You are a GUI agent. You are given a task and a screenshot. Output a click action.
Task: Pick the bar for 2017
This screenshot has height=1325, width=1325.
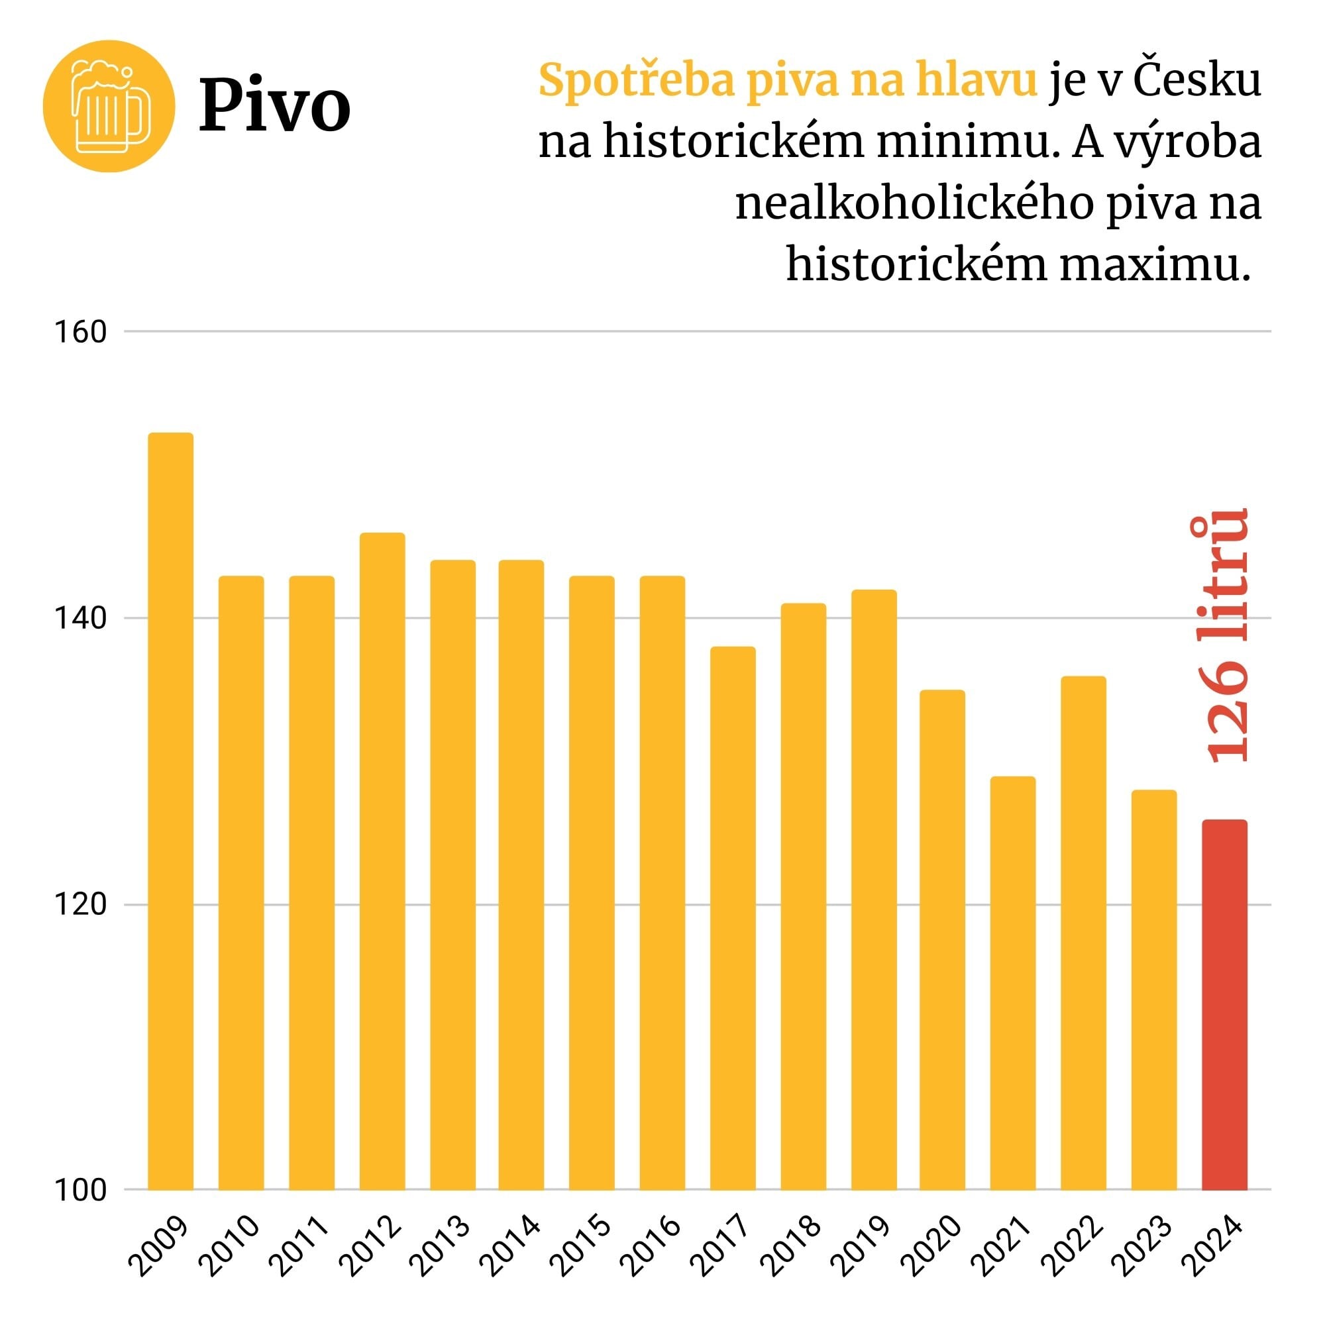click(733, 918)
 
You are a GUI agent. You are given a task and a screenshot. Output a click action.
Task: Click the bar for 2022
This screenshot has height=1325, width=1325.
click(1083, 933)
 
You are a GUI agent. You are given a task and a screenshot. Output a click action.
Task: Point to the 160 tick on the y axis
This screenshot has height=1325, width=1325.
click(81, 333)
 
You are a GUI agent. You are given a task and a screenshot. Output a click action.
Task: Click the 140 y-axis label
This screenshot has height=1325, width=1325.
click(81, 619)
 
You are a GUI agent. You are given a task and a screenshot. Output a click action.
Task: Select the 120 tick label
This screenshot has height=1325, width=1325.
click(81, 905)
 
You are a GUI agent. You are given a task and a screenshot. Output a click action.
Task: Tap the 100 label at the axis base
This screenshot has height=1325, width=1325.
click(81, 1191)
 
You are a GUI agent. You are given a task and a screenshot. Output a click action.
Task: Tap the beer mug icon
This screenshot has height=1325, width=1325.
click(110, 106)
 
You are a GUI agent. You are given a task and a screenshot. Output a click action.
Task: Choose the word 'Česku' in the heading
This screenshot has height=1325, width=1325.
click(1197, 81)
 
